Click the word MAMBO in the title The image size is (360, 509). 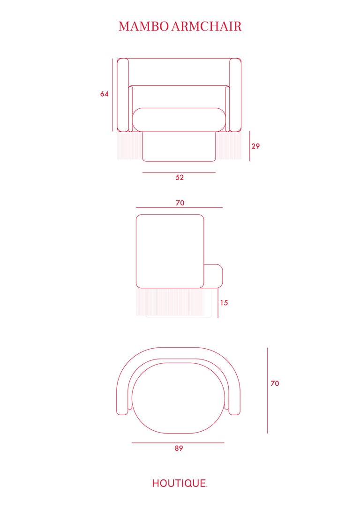[143, 26]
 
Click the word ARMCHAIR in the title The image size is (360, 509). [206, 26]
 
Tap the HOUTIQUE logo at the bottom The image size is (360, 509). [179, 483]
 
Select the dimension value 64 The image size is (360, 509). [104, 94]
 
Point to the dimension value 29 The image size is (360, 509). [255, 146]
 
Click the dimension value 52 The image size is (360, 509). [180, 177]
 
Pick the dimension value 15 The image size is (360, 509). [224, 303]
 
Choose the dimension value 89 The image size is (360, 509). [179, 448]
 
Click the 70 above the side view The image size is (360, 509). [180, 202]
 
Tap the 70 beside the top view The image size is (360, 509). [275, 383]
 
